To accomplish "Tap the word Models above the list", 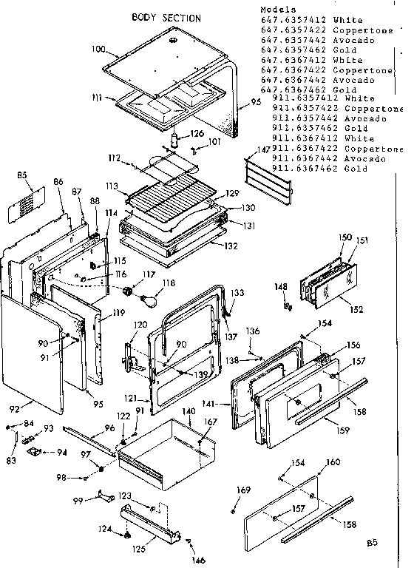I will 277,10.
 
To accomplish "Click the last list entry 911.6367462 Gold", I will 319,169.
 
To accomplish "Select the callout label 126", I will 197,133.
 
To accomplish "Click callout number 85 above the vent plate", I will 22,176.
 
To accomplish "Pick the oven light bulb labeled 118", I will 152,301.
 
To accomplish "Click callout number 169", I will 242,490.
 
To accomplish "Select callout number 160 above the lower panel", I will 333,462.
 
